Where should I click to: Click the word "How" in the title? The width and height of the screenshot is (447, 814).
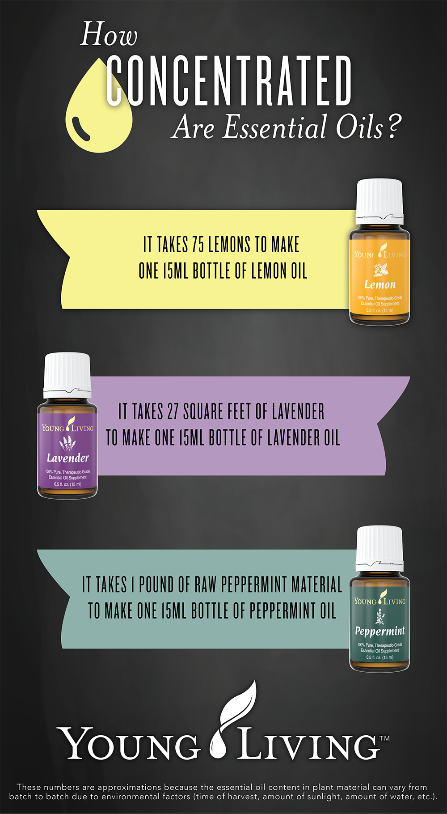coord(109,35)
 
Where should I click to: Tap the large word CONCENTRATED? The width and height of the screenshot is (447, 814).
coord(229,81)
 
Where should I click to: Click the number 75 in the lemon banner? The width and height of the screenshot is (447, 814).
coord(198,245)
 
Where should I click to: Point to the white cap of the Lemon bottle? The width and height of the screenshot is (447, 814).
coord(379,200)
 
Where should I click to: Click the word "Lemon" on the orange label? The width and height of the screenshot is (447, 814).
coord(380,284)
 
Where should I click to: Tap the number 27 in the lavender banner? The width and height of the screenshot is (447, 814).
coord(173,411)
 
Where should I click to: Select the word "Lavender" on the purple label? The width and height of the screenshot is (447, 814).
coord(67,458)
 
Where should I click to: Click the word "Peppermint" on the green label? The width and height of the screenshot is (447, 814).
coord(380,631)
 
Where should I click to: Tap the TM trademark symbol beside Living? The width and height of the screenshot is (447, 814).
coord(384,738)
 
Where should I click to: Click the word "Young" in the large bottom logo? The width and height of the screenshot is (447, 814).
coord(130,745)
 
